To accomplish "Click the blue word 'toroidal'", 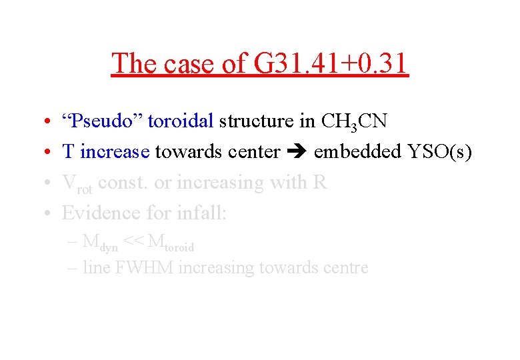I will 181,121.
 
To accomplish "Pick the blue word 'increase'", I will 114,152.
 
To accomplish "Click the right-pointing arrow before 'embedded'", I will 297,153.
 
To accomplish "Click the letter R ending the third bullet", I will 319,182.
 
